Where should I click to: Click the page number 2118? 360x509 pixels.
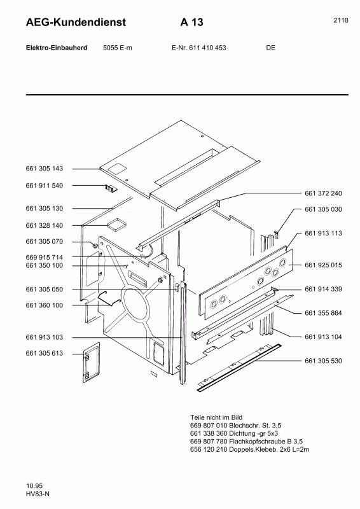click(340, 20)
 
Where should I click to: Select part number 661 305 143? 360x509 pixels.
click(45, 169)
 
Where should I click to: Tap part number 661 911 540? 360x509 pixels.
click(45, 186)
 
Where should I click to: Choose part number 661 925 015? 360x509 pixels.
click(323, 264)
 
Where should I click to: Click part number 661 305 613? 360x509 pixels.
click(45, 353)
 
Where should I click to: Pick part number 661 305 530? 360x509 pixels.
click(323, 361)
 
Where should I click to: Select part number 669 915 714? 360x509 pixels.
click(45, 257)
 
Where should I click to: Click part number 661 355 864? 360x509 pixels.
click(323, 312)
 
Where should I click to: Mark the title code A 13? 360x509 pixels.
click(191, 23)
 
